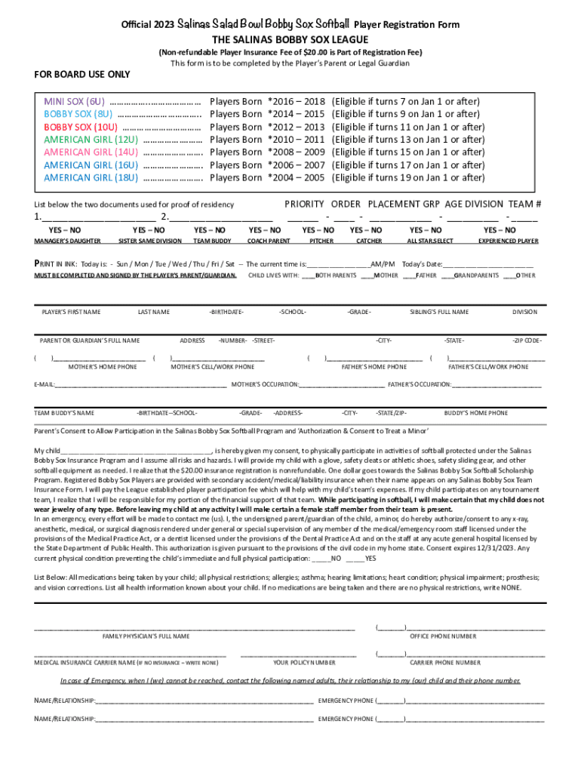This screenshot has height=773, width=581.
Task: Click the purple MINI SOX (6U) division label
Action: [x=74, y=101]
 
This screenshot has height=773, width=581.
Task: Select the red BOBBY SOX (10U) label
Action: [x=81, y=127]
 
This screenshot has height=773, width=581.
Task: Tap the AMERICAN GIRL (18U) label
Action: [x=91, y=178]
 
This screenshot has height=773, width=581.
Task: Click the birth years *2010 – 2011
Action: [x=296, y=140]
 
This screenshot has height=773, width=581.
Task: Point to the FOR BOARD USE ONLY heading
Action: [x=82, y=74]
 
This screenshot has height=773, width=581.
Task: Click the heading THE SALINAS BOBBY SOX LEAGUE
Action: [x=290, y=39]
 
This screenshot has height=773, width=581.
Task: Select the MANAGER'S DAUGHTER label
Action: [x=67, y=242]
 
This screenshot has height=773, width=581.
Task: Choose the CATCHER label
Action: [x=369, y=242]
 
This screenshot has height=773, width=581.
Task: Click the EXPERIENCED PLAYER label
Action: [x=509, y=242]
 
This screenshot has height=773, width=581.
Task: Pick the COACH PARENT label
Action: [x=269, y=242]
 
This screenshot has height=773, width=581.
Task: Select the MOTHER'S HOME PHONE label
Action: [x=103, y=367]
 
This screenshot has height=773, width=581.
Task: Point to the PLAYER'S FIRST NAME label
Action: [x=71, y=312]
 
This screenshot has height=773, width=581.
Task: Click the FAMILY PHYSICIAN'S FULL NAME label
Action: [x=146, y=636]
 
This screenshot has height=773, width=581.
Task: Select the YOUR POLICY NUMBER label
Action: [x=304, y=663]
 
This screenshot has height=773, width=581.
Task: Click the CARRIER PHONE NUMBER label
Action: [x=444, y=663]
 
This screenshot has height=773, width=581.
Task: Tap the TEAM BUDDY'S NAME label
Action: [x=64, y=414]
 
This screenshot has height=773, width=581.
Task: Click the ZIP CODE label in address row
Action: [x=527, y=340]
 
